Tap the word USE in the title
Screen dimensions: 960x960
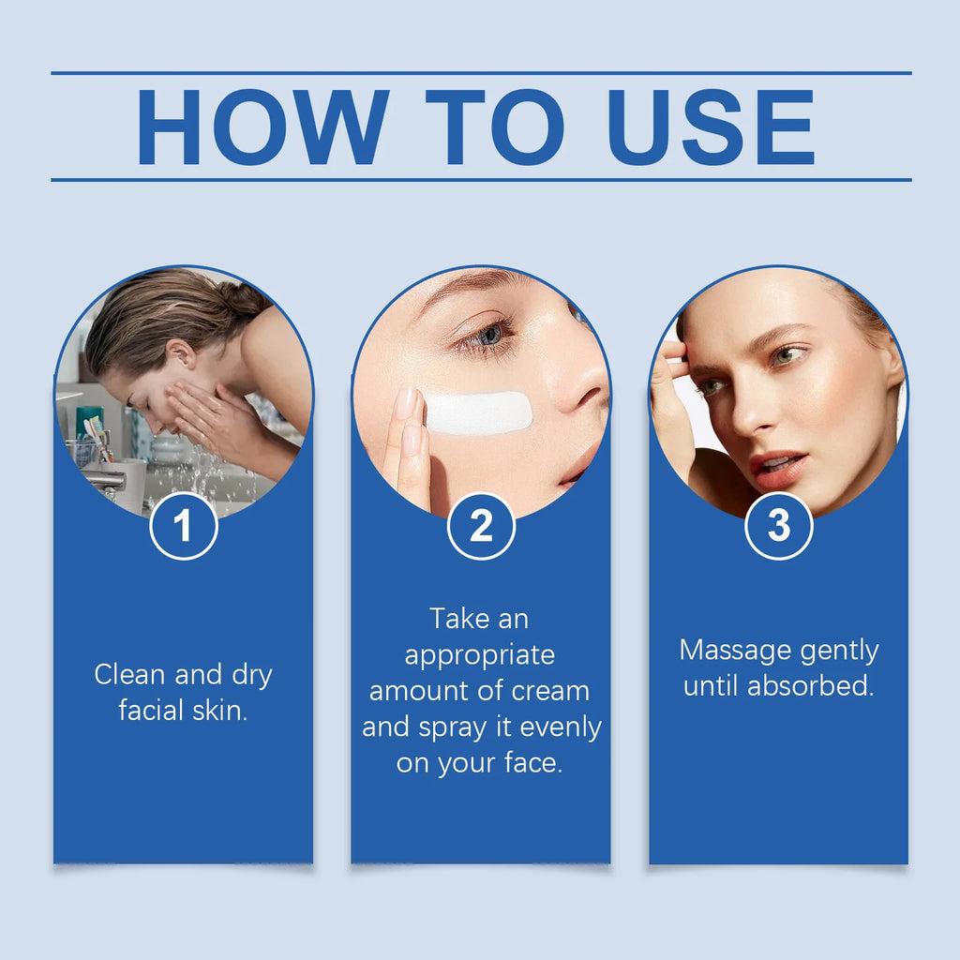coord(712,127)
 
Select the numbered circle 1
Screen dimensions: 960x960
coord(184,526)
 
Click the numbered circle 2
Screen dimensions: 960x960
coord(481,526)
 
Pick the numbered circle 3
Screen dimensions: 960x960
coord(779,526)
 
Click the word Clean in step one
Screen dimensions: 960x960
coord(129,674)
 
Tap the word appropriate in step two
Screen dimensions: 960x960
coord(480,655)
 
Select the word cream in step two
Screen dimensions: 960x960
coord(550,691)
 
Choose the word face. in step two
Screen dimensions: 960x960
coord(533,762)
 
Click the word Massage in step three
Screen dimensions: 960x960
coord(735,650)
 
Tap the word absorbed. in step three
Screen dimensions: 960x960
coord(811,685)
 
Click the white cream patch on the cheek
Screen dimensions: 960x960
coord(478,413)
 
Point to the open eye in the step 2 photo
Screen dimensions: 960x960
coord(486,337)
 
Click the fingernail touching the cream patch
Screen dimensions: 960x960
coord(405,401)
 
